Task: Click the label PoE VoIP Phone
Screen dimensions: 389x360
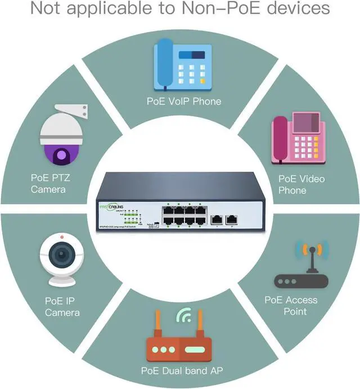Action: [184, 101]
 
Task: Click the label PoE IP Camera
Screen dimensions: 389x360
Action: [62, 306]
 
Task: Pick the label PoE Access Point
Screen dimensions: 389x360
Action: [291, 306]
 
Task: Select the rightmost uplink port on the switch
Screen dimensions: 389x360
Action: [229, 220]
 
